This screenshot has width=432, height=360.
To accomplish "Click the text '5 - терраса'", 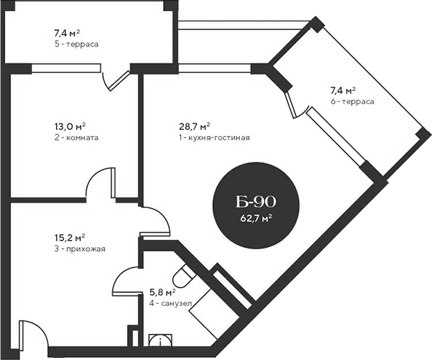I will coord(76,44).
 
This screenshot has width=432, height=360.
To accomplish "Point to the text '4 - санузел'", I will coord(171,303).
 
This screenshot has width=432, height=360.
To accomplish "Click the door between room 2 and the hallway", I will coord(101,184).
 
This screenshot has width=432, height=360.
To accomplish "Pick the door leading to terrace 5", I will coord(116,78).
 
